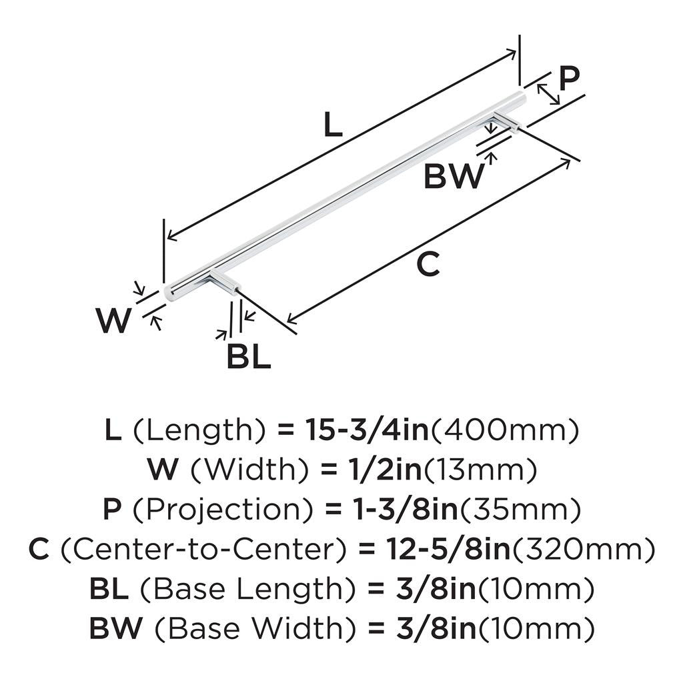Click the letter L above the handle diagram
point(333,124)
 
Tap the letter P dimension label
point(570,79)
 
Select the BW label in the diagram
point(454,176)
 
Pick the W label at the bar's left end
point(113,320)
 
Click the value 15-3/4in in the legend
point(367,430)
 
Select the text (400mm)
point(505,431)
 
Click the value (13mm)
point(480,470)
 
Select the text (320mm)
point(584,550)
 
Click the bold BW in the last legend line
point(116,628)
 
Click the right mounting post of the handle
point(506,121)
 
